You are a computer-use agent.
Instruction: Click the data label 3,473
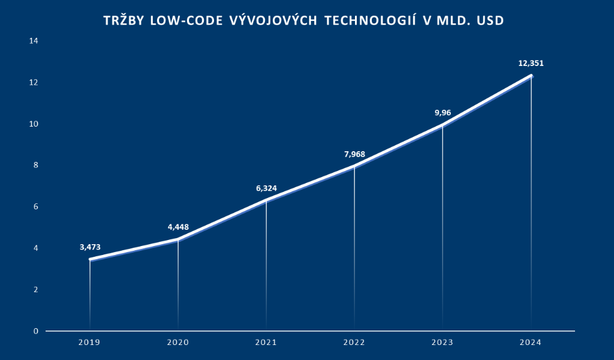click(x=90, y=247)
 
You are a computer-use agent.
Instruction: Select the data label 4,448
click(x=178, y=227)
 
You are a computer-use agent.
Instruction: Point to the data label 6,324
click(x=266, y=188)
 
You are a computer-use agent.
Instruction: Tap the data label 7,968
click(x=354, y=154)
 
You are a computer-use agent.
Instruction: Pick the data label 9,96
click(x=443, y=113)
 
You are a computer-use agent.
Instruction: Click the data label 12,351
click(x=531, y=63)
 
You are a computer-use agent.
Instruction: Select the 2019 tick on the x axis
click(x=90, y=343)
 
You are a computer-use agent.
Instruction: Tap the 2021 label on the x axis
click(x=266, y=343)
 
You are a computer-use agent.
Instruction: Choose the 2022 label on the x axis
click(x=354, y=343)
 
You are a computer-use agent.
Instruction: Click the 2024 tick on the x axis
click(x=531, y=343)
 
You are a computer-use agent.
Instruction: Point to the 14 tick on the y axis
click(x=34, y=41)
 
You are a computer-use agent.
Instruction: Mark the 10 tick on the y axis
click(x=34, y=124)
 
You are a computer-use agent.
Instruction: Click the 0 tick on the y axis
click(x=36, y=331)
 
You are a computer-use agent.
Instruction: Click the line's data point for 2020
click(x=178, y=239)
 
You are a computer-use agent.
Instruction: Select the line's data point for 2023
click(x=443, y=125)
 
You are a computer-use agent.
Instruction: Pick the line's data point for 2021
click(x=266, y=200)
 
